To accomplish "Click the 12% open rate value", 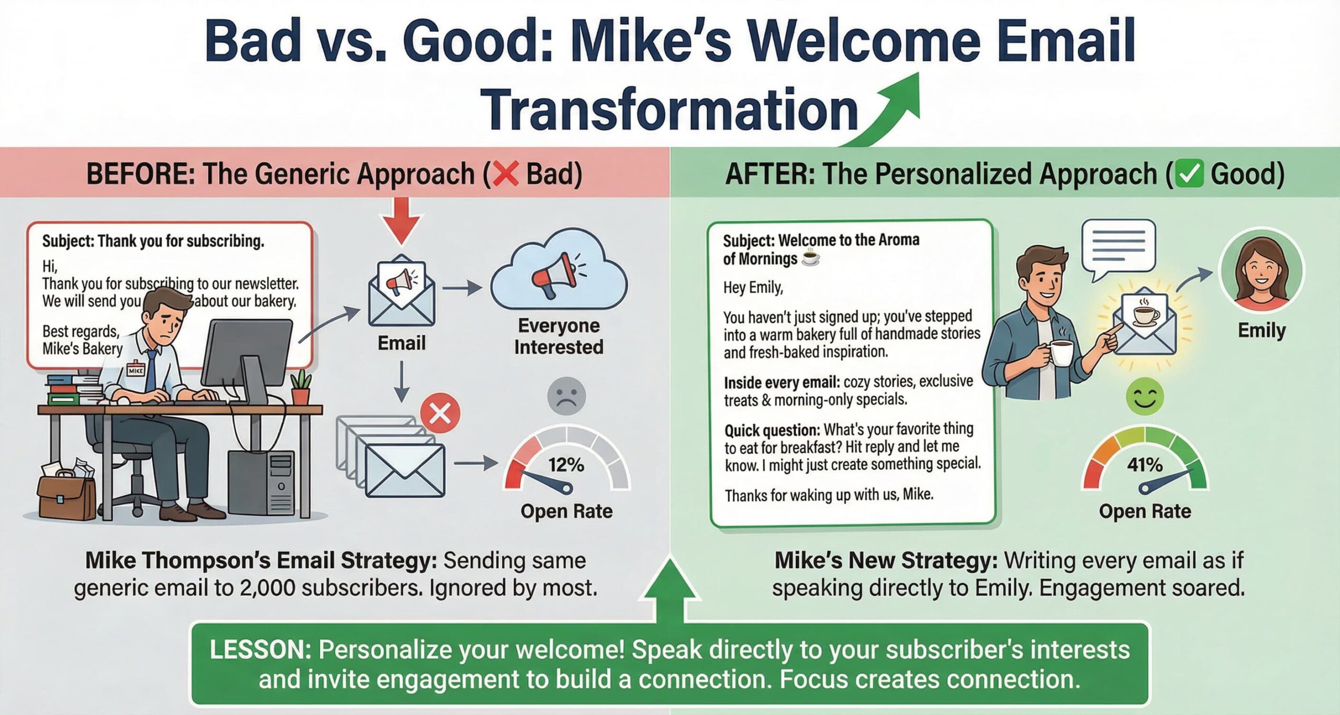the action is pos(566,464).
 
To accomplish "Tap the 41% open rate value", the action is pos(1145,464).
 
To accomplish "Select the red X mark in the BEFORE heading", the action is pos(506,174).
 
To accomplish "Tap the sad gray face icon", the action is pos(566,396).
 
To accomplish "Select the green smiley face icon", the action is pos(1145,396).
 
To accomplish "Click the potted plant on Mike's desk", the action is pos(300,387).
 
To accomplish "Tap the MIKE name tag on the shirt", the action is pos(136,370).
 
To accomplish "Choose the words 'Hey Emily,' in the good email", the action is pos(753,288).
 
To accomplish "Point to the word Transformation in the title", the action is pos(669,110).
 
